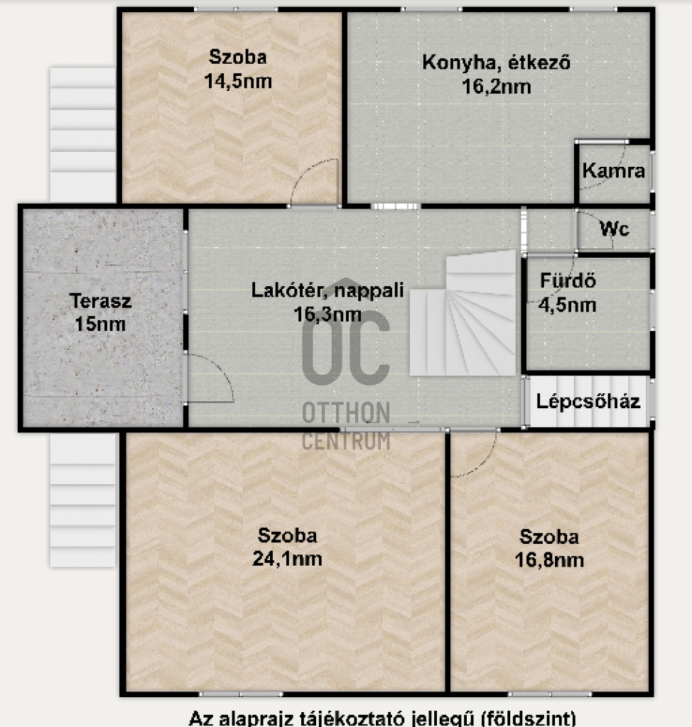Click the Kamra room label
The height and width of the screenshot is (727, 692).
[614, 170]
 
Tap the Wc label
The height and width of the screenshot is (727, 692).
[615, 229]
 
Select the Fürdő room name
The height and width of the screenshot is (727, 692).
[568, 280]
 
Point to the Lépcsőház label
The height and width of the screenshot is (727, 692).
[588, 401]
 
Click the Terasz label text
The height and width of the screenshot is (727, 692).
[101, 301]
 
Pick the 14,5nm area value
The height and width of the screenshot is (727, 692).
[238, 82]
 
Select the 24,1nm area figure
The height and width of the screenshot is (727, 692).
[287, 559]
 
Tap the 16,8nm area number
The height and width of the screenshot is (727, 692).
[549, 560]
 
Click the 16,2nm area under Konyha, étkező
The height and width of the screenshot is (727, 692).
[496, 87]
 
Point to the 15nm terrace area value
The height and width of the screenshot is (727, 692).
[100, 324]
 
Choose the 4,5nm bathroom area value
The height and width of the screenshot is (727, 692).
[567, 305]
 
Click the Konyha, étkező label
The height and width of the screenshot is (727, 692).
[496, 62]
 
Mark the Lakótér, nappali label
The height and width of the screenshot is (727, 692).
[328, 290]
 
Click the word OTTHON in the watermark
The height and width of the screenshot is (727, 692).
[346, 412]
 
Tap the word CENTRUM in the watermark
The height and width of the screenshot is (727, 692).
[346, 441]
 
